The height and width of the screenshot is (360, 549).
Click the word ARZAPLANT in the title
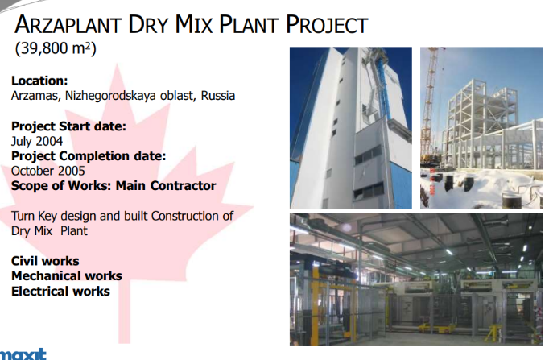click(68, 24)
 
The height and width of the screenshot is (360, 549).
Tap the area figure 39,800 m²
click(56, 48)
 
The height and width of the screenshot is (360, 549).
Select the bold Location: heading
click(39, 81)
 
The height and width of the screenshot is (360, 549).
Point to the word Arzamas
click(35, 96)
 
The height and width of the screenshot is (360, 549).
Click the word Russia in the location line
click(218, 96)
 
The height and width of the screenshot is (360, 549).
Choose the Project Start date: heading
click(68, 126)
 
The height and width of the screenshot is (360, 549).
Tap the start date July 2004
click(37, 141)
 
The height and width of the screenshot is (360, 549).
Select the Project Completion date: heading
click(89, 155)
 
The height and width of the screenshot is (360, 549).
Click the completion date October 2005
click(48, 171)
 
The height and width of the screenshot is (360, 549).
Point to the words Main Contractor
click(166, 185)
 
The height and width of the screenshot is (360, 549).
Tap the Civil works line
click(45, 261)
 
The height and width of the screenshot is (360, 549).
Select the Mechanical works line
click(67, 276)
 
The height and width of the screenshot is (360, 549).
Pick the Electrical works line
click(60, 291)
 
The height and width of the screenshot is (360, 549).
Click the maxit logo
click(23, 354)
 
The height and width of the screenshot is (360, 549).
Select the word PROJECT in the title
click(327, 24)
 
